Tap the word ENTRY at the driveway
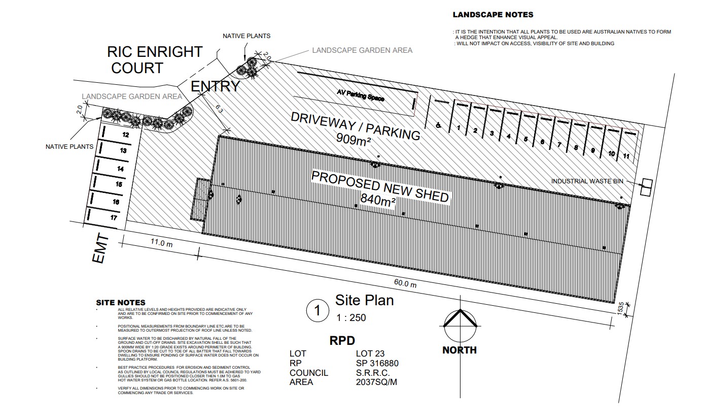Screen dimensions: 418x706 [x=215, y=86]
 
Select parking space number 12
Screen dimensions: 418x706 [x=125, y=135]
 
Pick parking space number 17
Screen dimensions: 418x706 [x=113, y=218]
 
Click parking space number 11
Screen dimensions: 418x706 [x=626, y=156]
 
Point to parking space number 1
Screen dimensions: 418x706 [x=458, y=128]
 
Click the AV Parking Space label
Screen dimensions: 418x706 [x=361, y=95]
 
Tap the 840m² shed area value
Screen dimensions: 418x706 [x=378, y=201]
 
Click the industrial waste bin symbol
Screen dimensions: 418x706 [x=646, y=187]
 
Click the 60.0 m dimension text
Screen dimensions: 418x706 [x=406, y=284]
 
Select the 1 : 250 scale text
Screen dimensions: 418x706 [x=350, y=318]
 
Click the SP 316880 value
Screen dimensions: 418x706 [x=378, y=363]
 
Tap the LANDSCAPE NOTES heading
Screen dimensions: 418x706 [x=492, y=15]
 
